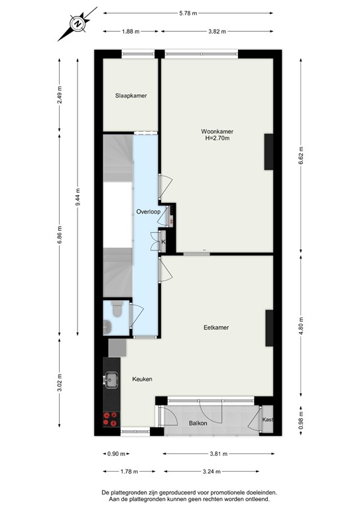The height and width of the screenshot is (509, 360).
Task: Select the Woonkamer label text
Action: (x=217, y=131)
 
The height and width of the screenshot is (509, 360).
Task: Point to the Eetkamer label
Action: (x=217, y=327)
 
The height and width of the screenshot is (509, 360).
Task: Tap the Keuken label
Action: (x=142, y=379)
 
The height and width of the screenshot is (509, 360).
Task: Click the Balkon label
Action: (x=198, y=423)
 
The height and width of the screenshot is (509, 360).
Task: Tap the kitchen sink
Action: (x=110, y=380)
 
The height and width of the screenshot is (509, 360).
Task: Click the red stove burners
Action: (x=110, y=418)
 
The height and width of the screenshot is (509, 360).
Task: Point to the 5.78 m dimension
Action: (x=188, y=13)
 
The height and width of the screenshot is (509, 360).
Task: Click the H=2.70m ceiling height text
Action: (x=217, y=139)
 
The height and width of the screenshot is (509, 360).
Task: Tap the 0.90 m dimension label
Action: (x=114, y=454)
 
